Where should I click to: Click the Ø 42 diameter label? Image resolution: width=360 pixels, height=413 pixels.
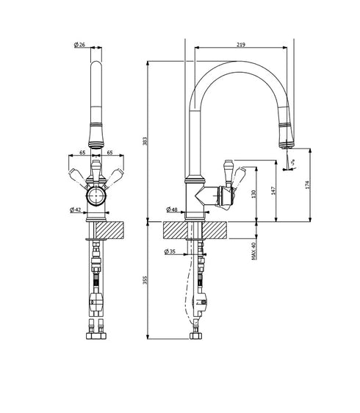click(x=76, y=209)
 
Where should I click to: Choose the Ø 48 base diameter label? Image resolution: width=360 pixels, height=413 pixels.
click(x=172, y=210)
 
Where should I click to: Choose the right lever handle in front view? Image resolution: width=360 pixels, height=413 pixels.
click(x=115, y=175)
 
